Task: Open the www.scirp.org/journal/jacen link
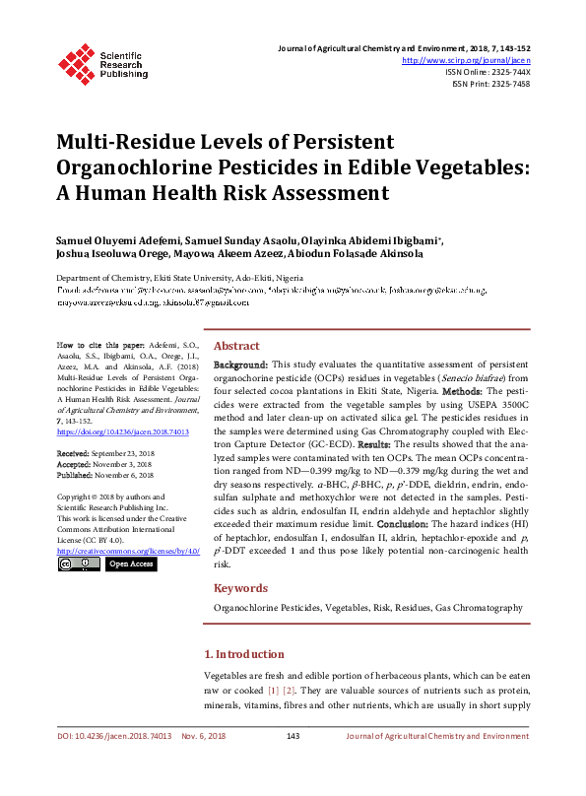(x=467, y=60)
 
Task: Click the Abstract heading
(x=236, y=347)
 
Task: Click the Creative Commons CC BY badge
(x=79, y=564)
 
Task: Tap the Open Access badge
(x=130, y=564)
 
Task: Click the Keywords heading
(x=241, y=588)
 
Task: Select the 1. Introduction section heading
(x=243, y=654)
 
